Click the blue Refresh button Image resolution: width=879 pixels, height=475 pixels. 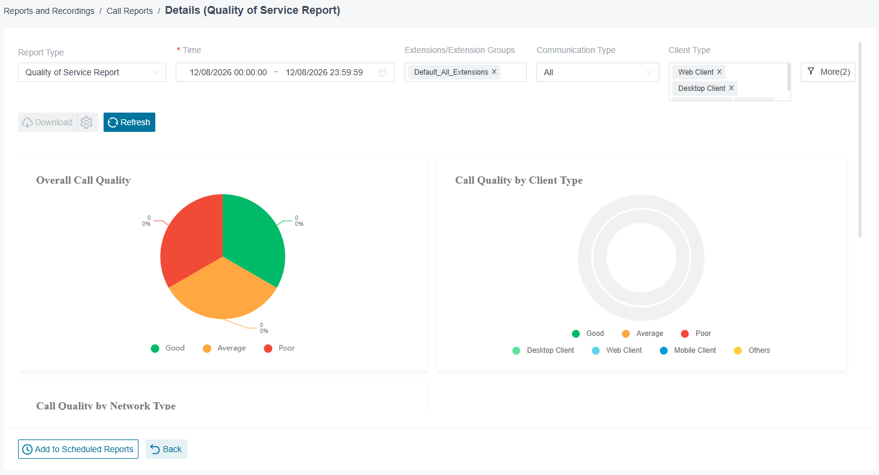tap(129, 122)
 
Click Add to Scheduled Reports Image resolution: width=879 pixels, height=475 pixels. tap(78, 449)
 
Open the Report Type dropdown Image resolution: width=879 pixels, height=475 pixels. tap(92, 72)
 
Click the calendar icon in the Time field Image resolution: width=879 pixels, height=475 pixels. tap(383, 72)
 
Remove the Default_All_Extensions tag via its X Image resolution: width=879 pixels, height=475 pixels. tap(494, 72)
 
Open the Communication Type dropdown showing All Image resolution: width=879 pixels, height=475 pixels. tap(598, 72)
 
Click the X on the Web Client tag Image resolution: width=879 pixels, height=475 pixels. tap(719, 72)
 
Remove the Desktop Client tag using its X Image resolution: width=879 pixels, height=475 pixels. tap(731, 88)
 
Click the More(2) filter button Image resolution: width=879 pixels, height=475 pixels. tap(828, 72)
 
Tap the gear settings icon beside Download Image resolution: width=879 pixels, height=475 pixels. tap(86, 122)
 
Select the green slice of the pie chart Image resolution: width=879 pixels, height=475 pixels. tap(251, 235)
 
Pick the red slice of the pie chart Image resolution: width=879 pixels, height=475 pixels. tap(192, 235)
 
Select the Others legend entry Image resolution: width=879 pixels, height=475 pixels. tap(752, 350)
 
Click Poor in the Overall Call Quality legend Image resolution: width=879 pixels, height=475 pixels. tap(279, 349)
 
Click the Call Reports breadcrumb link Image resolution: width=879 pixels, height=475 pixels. tap(129, 11)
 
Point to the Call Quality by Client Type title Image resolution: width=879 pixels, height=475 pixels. tap(519, 181)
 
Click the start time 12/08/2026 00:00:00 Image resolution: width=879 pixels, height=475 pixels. tap(228, 72)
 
